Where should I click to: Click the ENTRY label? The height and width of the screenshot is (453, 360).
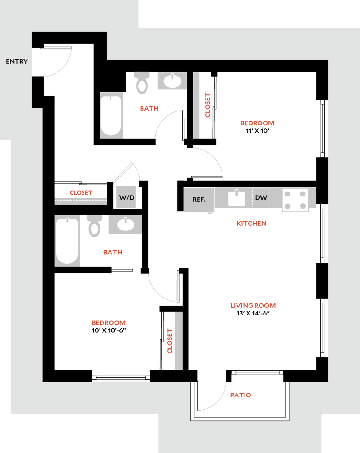click(17, 61)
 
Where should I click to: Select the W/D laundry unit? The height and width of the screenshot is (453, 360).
click(126, 197)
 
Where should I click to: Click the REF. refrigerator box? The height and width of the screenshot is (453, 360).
click(199, 200)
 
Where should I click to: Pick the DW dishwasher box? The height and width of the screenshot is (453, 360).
click(261, 198)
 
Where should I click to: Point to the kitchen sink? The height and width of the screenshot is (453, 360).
click(237, 198)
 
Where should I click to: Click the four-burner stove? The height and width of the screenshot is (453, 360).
click(295, 200)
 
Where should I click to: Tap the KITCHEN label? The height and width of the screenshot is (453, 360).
click(252, 224)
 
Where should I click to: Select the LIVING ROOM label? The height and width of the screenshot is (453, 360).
click(253, 305)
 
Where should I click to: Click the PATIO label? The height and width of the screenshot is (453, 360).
click(241, 395)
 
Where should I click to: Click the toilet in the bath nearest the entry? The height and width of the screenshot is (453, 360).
click(142, 83)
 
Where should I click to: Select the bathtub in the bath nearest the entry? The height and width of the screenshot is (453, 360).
click(111, 115)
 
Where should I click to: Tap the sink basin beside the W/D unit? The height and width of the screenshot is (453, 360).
click(125, 225)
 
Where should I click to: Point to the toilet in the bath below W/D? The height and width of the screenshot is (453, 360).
click(94, 226)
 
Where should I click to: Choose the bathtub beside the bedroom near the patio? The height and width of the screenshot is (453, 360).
click(67, 241)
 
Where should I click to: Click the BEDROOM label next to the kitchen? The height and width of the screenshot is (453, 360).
click(257, 123)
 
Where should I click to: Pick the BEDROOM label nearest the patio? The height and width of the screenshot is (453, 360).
click(109, 323)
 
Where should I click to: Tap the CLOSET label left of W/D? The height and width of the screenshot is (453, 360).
click(81, 193)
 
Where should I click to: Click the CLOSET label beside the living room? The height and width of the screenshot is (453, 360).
click(169, 341)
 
